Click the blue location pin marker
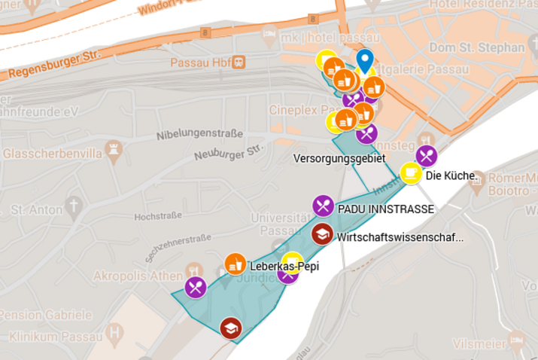(x=364, y=60)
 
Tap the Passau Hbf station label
(x=201, y=62)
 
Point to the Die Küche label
(x=450, y=176)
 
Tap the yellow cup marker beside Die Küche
(x=411, y=173)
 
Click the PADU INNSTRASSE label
(x=385, y=209)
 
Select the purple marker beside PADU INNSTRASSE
(x=323, y=205)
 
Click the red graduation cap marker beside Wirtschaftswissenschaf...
(x=322, y=234)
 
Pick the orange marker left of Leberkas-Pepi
(x=236, y=264)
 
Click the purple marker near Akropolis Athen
(x=196, y=287)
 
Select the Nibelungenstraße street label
(x=199, y=135)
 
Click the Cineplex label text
(x=296, y=110)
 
